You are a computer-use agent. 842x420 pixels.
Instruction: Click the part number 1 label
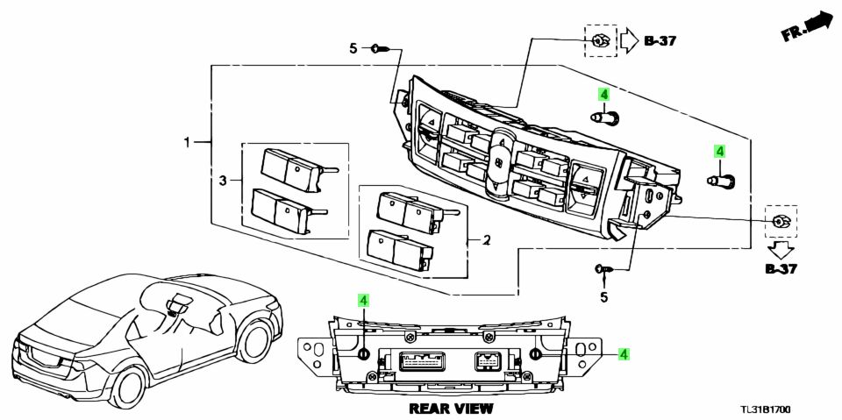(x=186, y=141)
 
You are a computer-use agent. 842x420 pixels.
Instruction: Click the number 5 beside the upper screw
(x=353, y=49)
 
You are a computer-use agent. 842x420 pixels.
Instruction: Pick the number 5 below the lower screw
(x=603, y=298)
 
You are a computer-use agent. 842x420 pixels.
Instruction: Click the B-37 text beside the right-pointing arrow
(x=661, y=40)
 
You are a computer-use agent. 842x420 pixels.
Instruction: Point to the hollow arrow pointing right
(x=630, y=40)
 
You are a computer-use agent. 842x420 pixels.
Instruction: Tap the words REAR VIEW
(x=451, y=409)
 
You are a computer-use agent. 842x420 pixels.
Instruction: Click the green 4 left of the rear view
(x=362, y=301)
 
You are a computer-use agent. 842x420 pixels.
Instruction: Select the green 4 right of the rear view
(x=623, y=353)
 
